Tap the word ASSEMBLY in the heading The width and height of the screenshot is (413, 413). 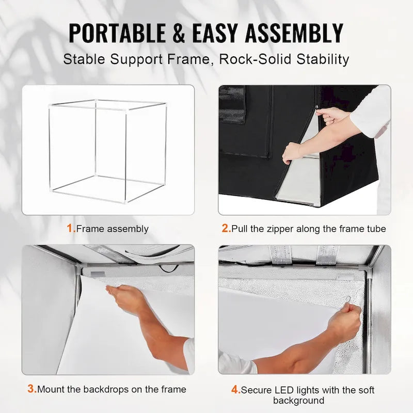(294, 34)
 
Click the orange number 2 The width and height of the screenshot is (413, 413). (226, 228)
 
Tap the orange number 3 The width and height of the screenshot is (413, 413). (31, 389)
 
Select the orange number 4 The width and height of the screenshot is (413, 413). (236, 390)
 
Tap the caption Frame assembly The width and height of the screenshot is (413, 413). (112, 229)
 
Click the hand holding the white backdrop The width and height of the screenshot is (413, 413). (120, 298)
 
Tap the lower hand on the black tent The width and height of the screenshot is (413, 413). (292, 152)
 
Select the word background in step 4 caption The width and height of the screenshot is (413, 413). (298, 401)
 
